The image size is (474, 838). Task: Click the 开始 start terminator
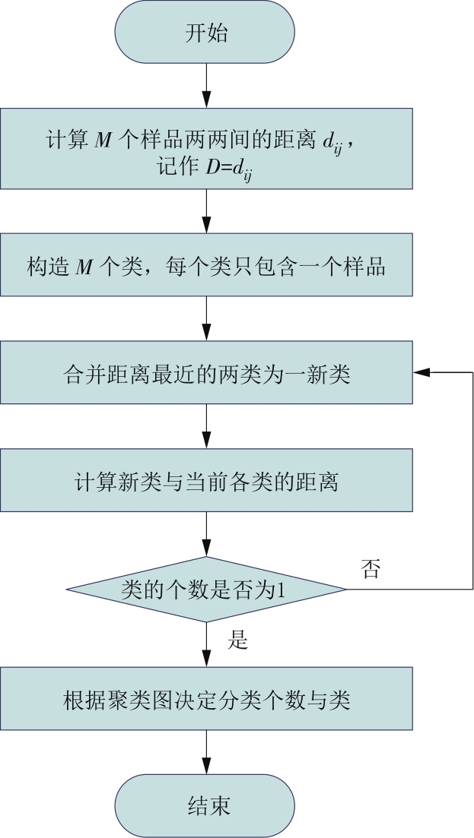205,32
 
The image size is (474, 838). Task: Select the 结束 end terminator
205,805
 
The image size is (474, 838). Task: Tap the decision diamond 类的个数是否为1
206,589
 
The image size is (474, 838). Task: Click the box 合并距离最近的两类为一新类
206,372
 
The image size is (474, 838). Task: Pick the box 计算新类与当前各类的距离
206,480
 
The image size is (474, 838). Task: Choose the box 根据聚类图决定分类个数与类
206,698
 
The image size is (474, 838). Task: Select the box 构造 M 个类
206,264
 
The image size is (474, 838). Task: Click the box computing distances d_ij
206,149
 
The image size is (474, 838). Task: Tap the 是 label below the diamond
237,640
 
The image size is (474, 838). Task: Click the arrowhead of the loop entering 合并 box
421,372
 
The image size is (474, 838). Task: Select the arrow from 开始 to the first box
206,86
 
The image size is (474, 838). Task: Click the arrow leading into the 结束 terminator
206,752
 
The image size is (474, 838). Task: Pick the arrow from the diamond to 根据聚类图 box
206,644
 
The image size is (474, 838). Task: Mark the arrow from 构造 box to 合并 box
206,318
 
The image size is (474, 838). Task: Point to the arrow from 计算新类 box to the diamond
206,534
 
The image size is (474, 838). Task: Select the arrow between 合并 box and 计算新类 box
206,426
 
